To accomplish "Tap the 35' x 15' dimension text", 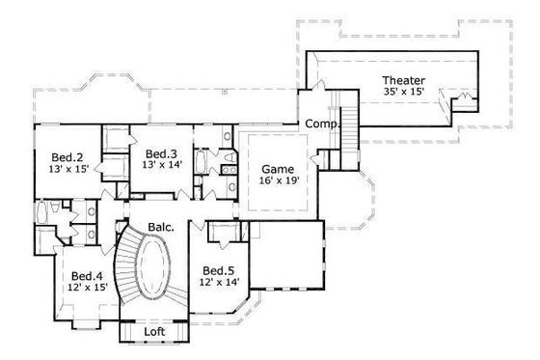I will [404, 93].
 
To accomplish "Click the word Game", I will [277, 167].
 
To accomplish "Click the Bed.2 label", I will [67, 157].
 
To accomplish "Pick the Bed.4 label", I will [87, 275].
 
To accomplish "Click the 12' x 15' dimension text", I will [87, 288].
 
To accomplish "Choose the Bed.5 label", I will [219, 270].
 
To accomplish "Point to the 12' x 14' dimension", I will [219, 283].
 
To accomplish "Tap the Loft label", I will [154, 331].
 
